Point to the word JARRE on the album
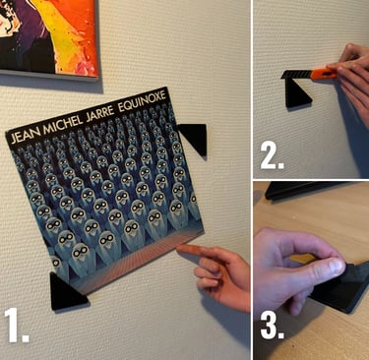point(100,113)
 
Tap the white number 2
point(272,156)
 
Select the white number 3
point(273,326)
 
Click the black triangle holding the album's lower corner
point(66,293)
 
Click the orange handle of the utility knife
point(323,74)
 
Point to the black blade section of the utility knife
point(296,75)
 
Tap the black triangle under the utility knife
point(297,94)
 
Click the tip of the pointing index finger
point(179,248)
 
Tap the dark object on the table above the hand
point(303,189)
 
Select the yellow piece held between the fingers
point(303,259)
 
